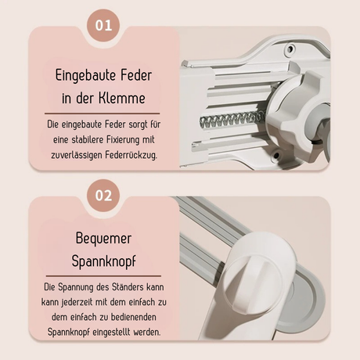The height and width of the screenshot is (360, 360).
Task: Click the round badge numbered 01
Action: (x=103, y=25)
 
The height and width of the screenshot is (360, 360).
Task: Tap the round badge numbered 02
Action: (x=103, y=196)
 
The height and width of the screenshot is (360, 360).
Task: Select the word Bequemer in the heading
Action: (x=103, y=238)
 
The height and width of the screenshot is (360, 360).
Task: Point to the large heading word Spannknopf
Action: (x=104, y=261)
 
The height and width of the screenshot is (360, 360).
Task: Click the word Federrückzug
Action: (x=131, y=155)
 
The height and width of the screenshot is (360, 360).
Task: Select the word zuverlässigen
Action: (x=77, y=155)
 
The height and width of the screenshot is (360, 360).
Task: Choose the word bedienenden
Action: (x=134, y=317)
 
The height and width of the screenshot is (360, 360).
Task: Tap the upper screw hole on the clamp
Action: (x=290, y=49)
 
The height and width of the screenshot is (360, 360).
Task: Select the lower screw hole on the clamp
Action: (x=276, y=156)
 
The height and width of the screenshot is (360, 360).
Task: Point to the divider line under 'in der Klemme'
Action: (x=102, y=113)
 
